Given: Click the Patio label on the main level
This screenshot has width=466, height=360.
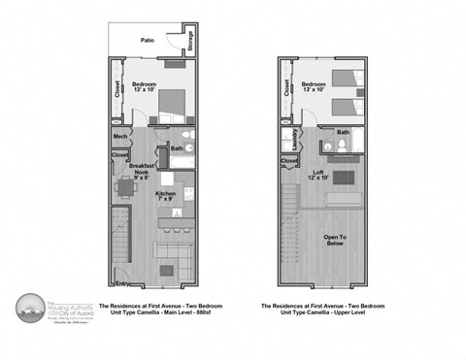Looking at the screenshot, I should coord(148,41).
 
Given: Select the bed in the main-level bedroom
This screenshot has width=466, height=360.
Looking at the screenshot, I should coord(171,100).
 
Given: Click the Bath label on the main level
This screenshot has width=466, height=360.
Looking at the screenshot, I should coord(176,148).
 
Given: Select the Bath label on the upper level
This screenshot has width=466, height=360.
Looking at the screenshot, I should coord(343,133).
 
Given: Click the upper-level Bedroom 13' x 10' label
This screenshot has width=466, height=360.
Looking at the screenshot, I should coord(314,88).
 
